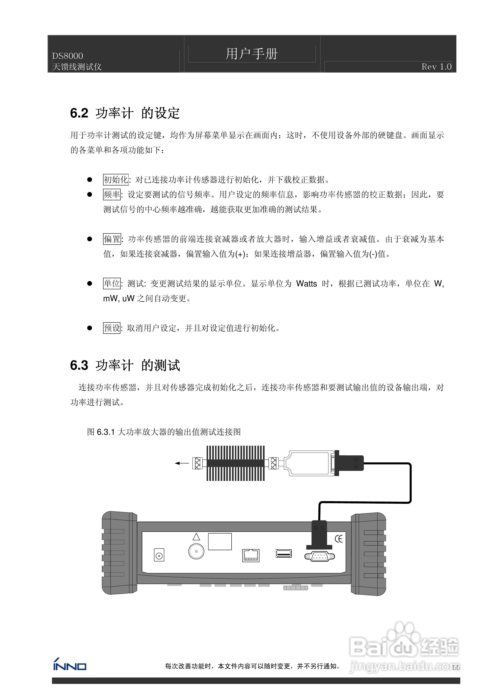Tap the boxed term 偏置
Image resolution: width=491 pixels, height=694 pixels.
112,239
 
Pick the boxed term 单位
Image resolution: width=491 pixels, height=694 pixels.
112,284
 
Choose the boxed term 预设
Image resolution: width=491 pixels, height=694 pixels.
112,328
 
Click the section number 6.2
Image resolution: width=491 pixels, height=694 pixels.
79,113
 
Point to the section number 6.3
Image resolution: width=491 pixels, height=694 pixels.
79,365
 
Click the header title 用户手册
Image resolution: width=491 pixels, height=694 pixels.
251,54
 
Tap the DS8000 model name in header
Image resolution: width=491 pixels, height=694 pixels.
68,56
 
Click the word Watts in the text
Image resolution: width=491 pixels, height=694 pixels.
306,284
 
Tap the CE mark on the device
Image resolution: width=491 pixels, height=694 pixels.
339,539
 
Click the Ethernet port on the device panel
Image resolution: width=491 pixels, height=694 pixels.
251,555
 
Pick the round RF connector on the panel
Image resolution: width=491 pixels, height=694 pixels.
196,551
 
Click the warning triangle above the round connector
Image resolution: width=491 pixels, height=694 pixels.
196,537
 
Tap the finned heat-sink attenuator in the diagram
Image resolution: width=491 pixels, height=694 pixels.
235,463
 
